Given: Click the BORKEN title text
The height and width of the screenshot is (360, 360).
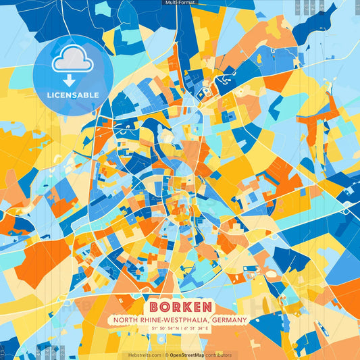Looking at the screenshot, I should point(180,307).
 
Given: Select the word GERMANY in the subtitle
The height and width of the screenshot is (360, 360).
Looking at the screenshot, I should point(229,320).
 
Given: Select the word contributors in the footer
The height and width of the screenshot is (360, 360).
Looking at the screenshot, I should point(219,355).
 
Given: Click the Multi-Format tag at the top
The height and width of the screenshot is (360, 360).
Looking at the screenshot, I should point(180,3).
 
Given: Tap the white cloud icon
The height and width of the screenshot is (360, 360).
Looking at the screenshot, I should point(73,61).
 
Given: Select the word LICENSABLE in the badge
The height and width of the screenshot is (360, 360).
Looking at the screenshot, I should point(73,95).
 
